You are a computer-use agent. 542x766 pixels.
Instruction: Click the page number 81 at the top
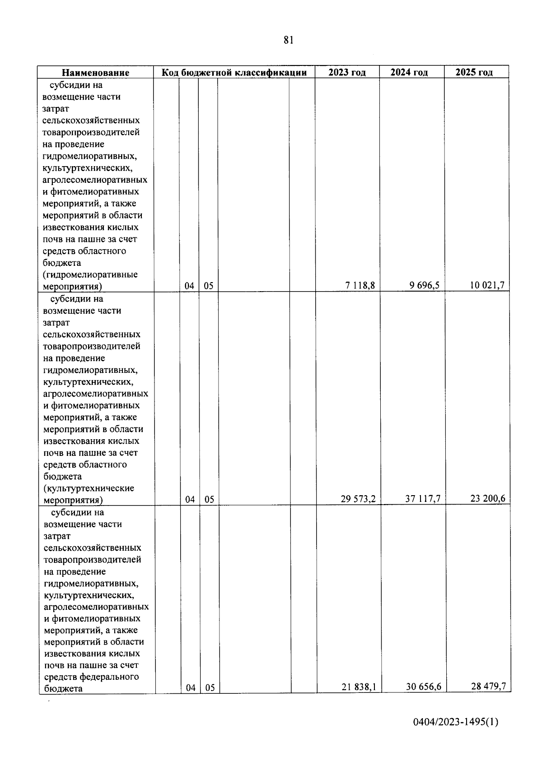click(289, 40)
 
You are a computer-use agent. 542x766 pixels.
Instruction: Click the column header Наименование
click(95, 73)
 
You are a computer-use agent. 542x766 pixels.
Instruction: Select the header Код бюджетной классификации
click(234, 72)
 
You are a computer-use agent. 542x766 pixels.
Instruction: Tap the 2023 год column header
click(347, 72)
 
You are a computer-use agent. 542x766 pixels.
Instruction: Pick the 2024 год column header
click(409, 72)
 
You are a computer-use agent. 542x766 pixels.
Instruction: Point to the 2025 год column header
click(474, 72)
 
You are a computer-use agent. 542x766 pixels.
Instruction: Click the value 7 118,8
click(360, 285)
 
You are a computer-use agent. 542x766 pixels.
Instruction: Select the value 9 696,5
click(425, 285)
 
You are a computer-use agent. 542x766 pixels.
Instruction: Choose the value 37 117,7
click(423, 499)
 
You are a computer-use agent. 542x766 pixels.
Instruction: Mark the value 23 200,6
click(488, 498)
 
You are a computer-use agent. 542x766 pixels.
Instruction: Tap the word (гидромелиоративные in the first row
click(90, 275)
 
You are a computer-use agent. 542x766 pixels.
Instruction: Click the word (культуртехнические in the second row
click(89, 488)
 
